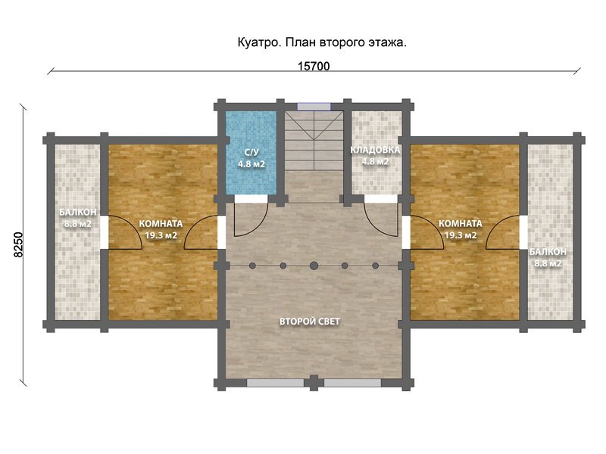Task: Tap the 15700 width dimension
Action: click(313, 67)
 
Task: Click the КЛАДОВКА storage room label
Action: click(374, 150)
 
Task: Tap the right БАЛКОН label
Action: click(545, 252)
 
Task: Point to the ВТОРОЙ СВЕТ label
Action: click(310, 322)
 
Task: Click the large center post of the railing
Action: click(314, 266)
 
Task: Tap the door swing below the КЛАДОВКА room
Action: click(379, 217)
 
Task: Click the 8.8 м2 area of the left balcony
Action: click(77, 224)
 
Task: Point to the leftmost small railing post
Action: click(251, 266)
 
